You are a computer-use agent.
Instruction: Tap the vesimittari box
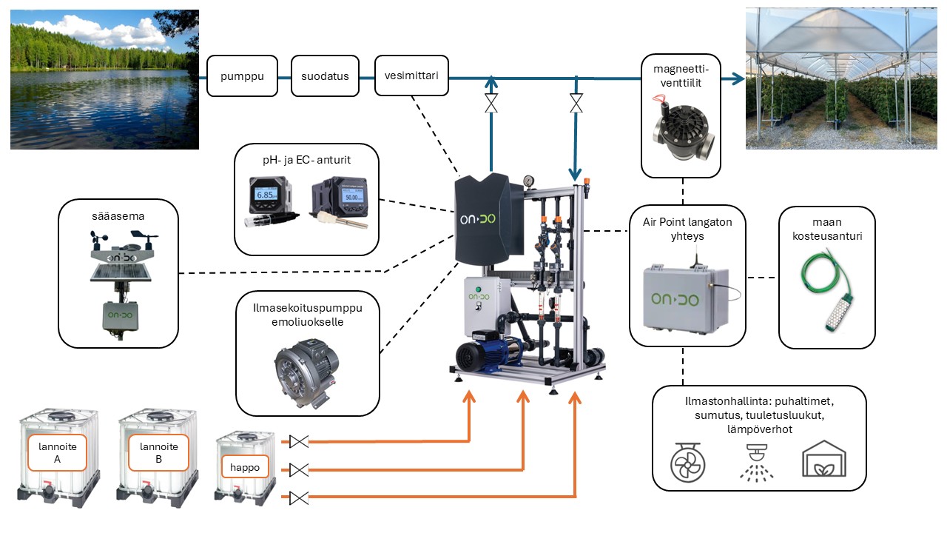click(411, 76)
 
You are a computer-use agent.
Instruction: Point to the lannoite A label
click(58, 452)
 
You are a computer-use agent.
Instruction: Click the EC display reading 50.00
click(346, 197)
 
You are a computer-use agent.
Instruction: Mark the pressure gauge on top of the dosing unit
click(528, 181)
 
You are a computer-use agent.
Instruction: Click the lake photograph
click(104, 79)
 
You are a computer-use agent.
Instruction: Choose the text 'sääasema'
click(118, 217)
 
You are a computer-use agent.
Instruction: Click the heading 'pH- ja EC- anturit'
click(306, 158)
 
